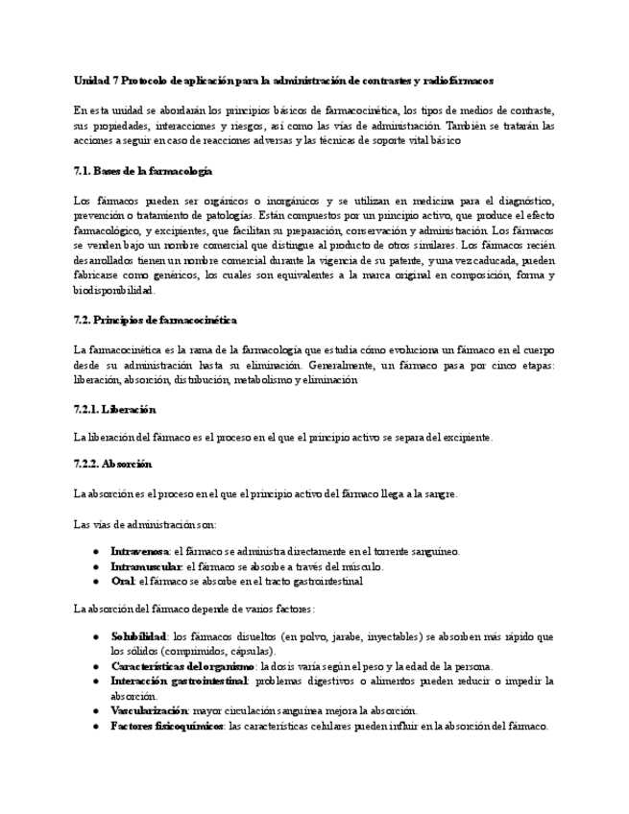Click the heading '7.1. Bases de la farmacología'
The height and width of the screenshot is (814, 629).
tap(142, 171)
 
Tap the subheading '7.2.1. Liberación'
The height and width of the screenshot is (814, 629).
tap(114, 409)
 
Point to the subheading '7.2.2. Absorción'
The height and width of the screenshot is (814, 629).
tap(112, 465)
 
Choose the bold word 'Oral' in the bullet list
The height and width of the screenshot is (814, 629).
tap(123, 581)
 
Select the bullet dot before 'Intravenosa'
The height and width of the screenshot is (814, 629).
tap(96, 552)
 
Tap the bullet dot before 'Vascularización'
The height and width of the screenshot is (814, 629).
tap(96, 710)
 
